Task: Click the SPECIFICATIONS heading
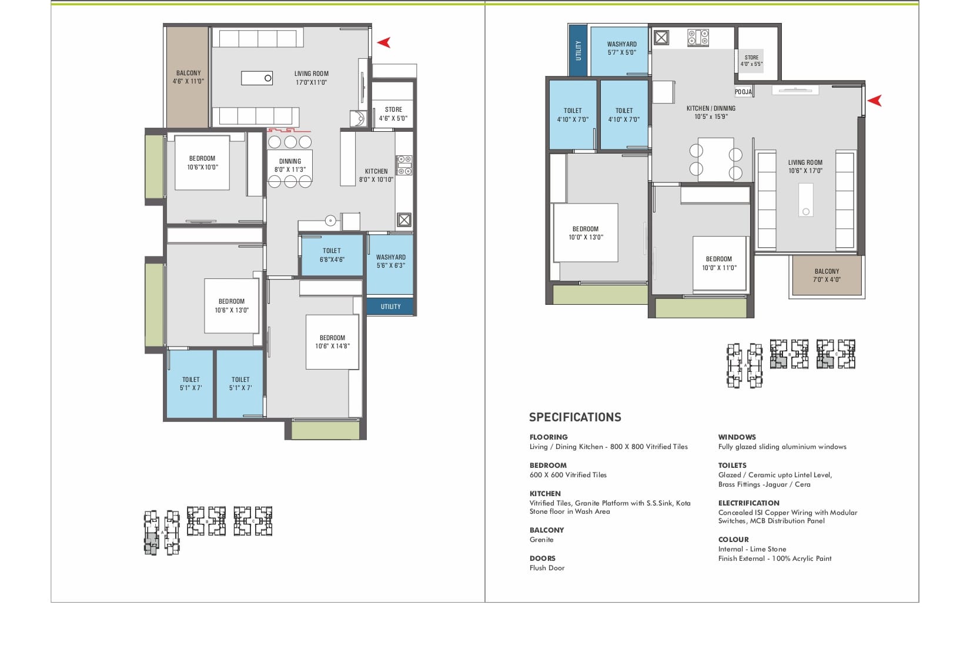[x=574, y=417]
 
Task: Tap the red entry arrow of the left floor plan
[x=384, y=42]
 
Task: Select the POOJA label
[x=743, y=92]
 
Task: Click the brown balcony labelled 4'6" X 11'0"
[x=188, y=77]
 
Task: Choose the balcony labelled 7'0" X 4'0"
[x=827, y=275]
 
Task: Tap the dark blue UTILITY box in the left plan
[x=390, y=307]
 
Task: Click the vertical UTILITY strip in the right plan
[x=578, y=50]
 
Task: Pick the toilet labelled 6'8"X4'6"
[x=332, y=255]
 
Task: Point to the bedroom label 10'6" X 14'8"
[x=332, y=341]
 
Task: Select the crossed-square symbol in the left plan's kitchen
[x=404, y=220]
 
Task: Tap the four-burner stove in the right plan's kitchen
[x=698, y=38]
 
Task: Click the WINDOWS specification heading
[x=737, y=437]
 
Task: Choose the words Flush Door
[x=547, y=568]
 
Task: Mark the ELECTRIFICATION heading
[x=749, y=503]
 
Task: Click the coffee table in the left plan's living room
[x=257, y=78]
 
